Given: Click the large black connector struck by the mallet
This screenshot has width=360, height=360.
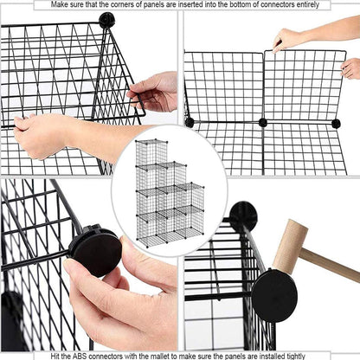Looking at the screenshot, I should (274, 295).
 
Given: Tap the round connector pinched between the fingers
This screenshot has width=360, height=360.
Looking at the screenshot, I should (94, 250).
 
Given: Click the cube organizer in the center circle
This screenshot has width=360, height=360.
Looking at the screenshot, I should (170, 192).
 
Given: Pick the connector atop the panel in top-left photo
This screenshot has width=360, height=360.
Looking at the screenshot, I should (106, 19).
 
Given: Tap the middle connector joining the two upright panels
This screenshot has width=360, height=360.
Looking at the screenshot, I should (263, 123).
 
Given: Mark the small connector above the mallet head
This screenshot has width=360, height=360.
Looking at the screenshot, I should (243, 214).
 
